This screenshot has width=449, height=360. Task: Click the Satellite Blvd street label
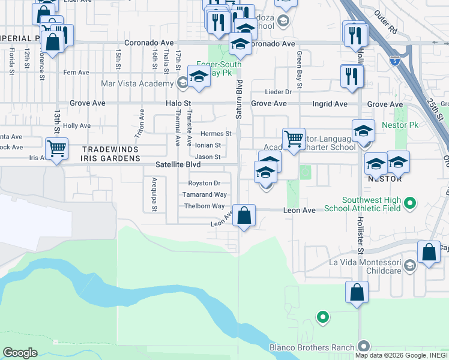click(x=178, y=164)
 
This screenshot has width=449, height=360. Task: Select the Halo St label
click(x=178, y=104)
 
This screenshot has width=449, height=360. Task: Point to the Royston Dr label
click(x=205, y=183)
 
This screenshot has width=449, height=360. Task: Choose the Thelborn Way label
click(x=205, y=206)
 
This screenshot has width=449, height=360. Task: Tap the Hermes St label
click(x=216, y=134)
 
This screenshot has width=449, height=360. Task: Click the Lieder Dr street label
click(x=279, y=92)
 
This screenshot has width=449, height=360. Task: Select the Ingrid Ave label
click(x=330, y=104)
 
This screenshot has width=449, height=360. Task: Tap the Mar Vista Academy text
click(x=137, y=83)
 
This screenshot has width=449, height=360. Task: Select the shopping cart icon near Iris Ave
click(x=56, y=148)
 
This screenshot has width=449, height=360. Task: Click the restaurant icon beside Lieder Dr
click(x=351, y=76)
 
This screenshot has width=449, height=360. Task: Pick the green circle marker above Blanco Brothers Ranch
click(x=323, y=316)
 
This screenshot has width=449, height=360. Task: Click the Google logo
click(x=20, y=353)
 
